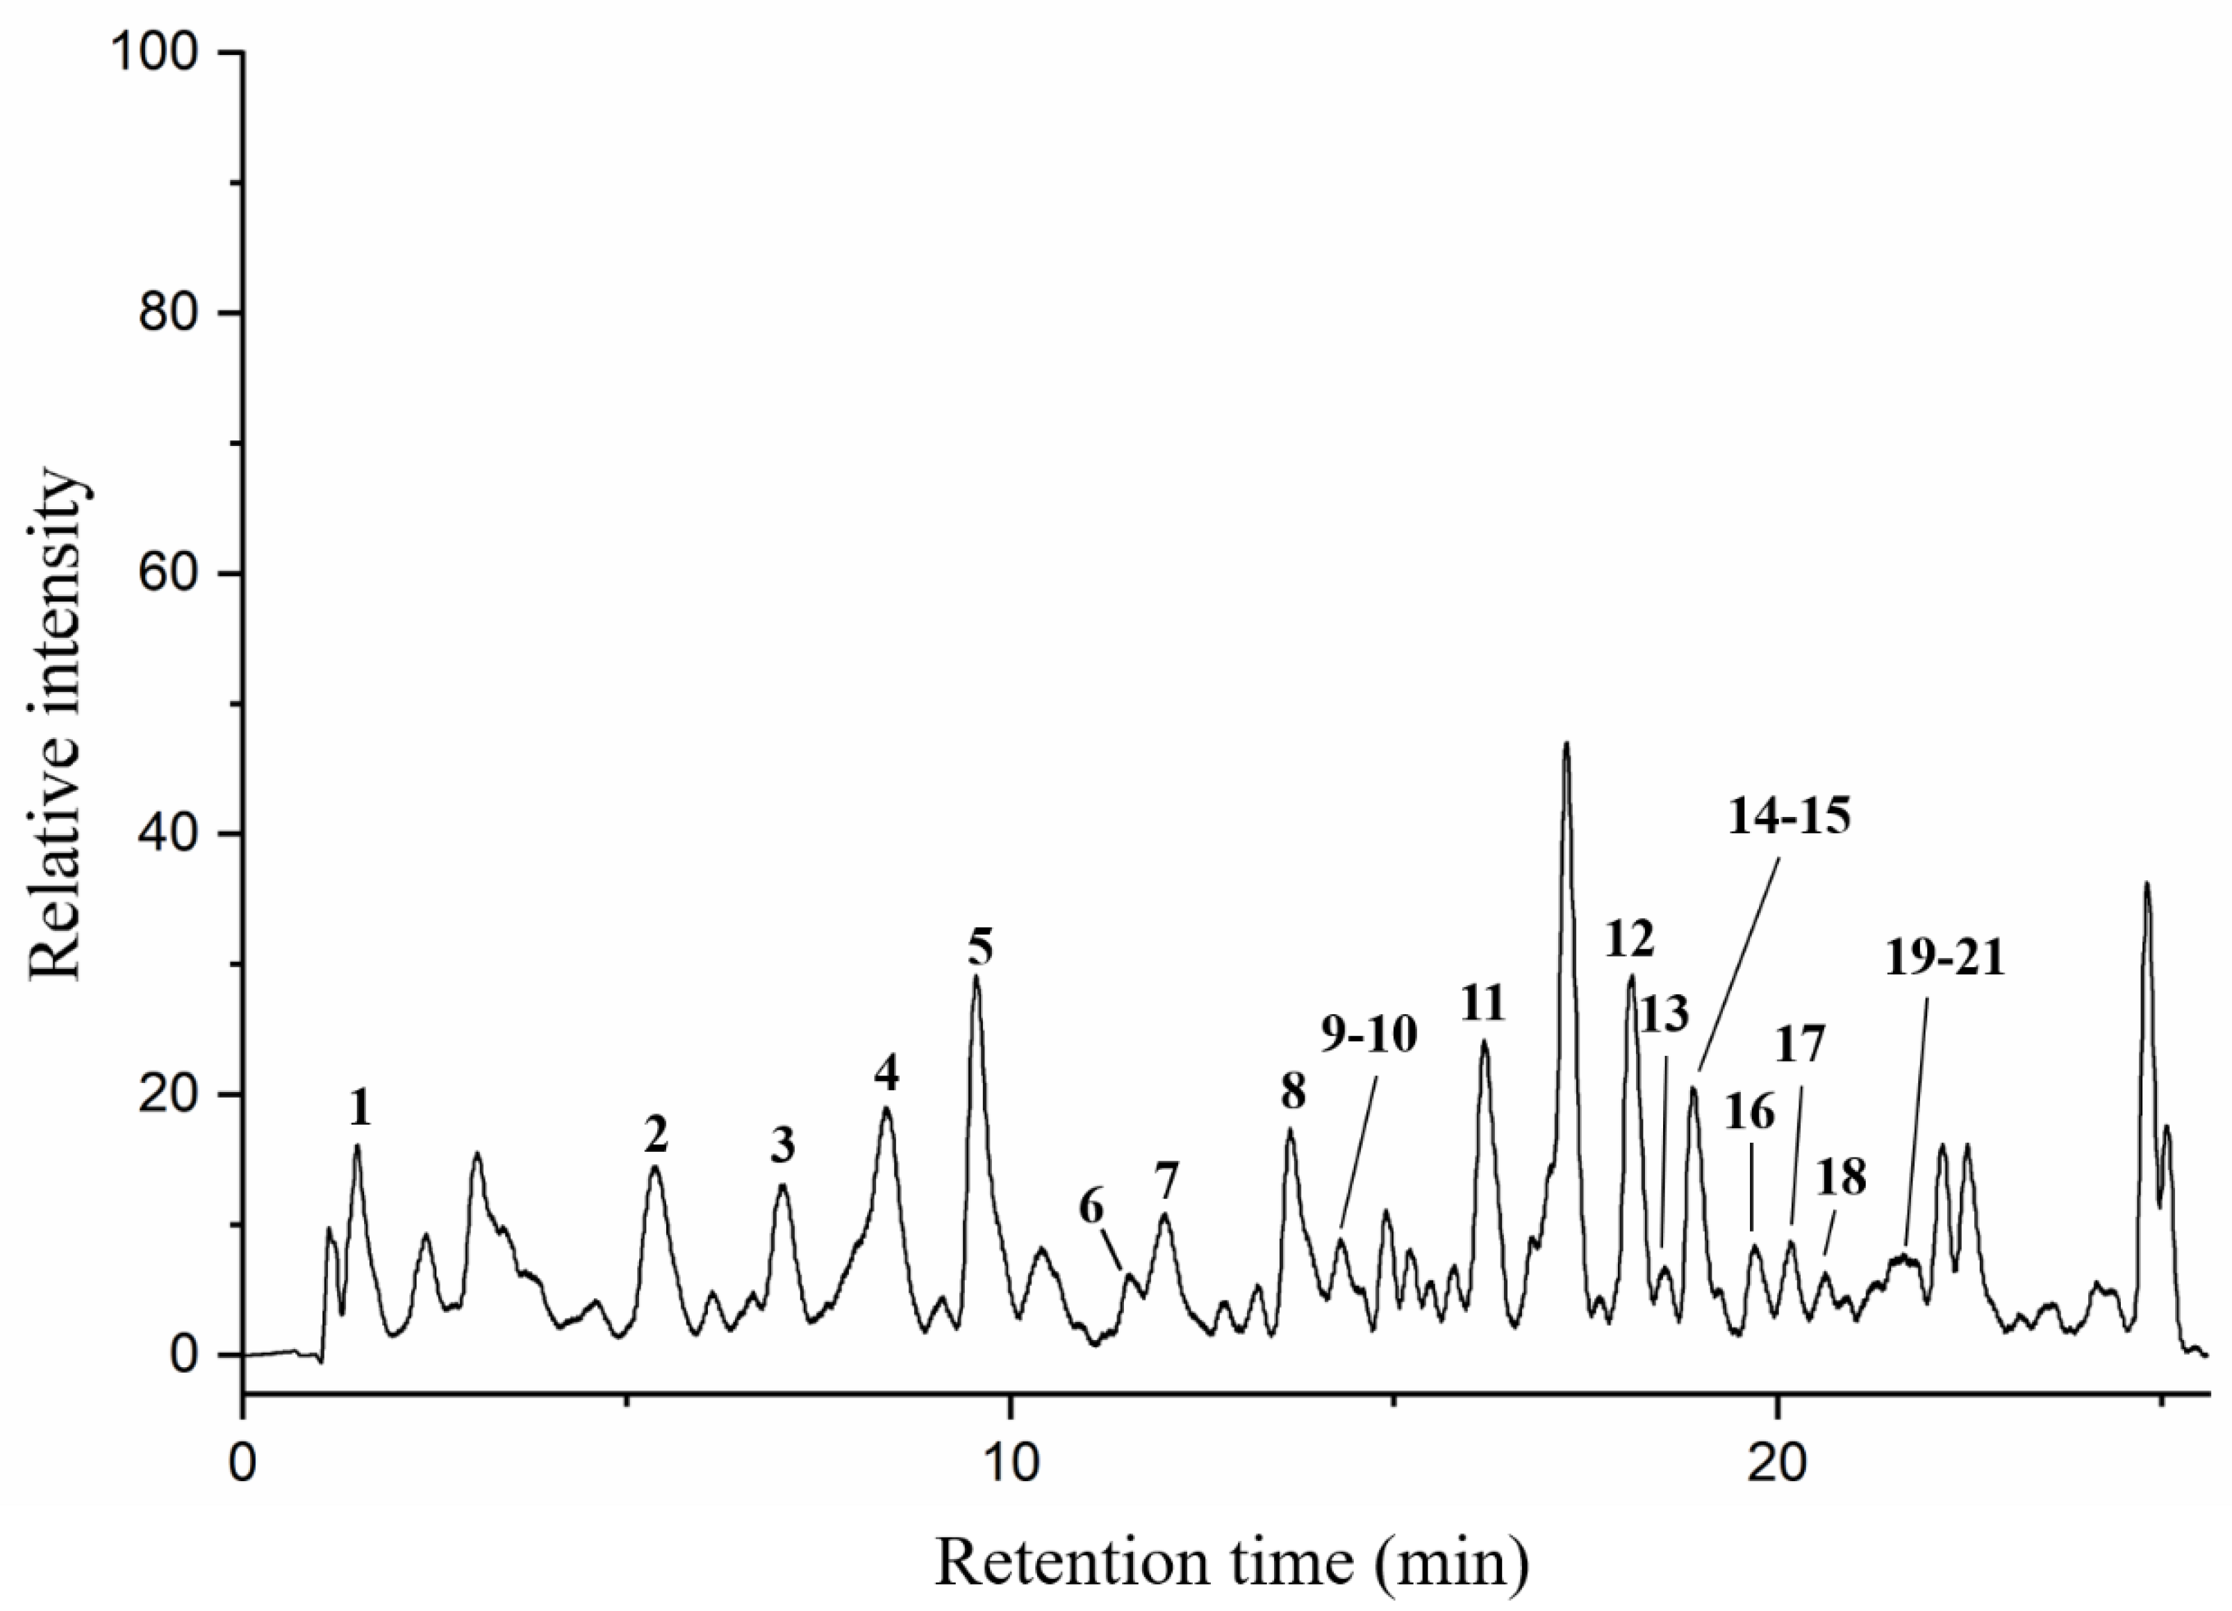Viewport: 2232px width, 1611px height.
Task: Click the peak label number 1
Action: pos(361,1110)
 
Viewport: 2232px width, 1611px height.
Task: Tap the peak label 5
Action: pos(979,947)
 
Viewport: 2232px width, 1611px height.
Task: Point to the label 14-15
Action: pos(1789,817)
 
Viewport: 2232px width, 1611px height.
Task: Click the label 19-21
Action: pos(1946,957)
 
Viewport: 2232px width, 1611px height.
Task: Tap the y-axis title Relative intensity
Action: pos(56,726)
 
